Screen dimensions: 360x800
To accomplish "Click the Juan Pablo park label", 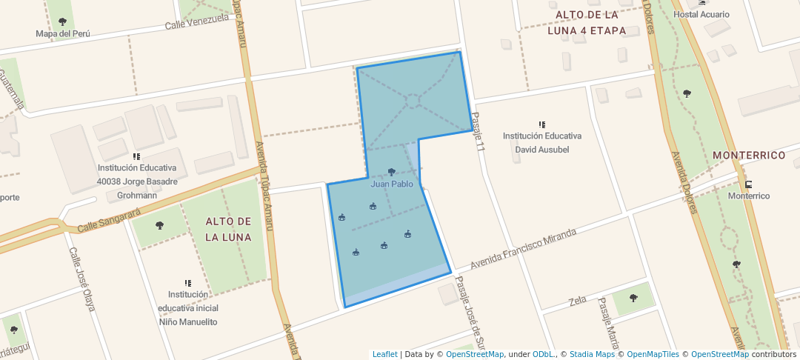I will pyautogui.click(x=392, y=184).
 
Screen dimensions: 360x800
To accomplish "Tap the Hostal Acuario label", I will pyautogui.click(x=701, y=15).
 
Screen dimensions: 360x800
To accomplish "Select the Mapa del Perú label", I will pyautogui.click(x=62, y=33).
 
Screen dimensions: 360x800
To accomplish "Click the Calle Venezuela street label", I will pyautogui.click(x=197, y=22).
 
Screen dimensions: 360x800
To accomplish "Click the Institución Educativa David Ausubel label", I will pyautogui.click(x=542, y=142).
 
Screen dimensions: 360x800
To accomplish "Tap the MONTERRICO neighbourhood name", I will pyautogui.click(x=749, y=156).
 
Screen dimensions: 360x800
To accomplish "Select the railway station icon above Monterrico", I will pyautogui.click(x=749, y=184).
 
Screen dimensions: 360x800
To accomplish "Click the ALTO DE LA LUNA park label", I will pyautogui.click(x=228, y=230).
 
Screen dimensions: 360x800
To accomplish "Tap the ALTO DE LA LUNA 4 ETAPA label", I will pyautogui.click(x=587, y=23).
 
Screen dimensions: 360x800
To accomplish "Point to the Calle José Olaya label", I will pyautogui.click(x=81, y=278).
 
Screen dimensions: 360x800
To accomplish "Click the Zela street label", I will pyautogui.click(x=578, y=301).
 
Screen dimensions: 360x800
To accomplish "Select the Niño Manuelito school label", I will pyautogui.click(x=188, y=322).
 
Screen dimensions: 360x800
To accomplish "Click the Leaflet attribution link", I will pyautogui.click(x=384, y=354).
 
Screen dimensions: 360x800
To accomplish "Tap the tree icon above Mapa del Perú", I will pyautogui.click(x=62, y=21).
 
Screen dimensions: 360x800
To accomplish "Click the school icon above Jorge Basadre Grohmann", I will pyautogui.click(x=137, y=157).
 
